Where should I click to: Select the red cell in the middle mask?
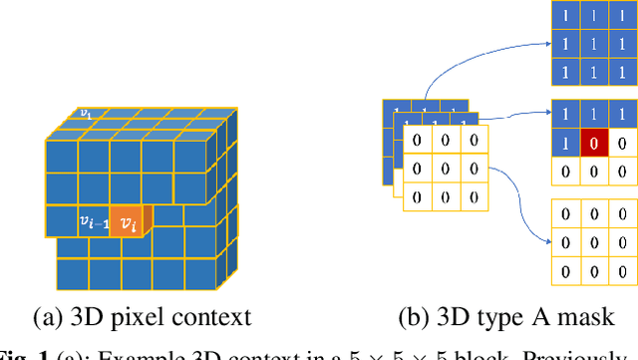point(595,144)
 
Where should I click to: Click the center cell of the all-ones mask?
point(595,45)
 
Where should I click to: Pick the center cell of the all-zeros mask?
point(595,240)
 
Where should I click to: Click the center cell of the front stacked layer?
point(446,168)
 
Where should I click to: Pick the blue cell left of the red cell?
point(566,144)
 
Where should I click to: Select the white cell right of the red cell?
point(622,144)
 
